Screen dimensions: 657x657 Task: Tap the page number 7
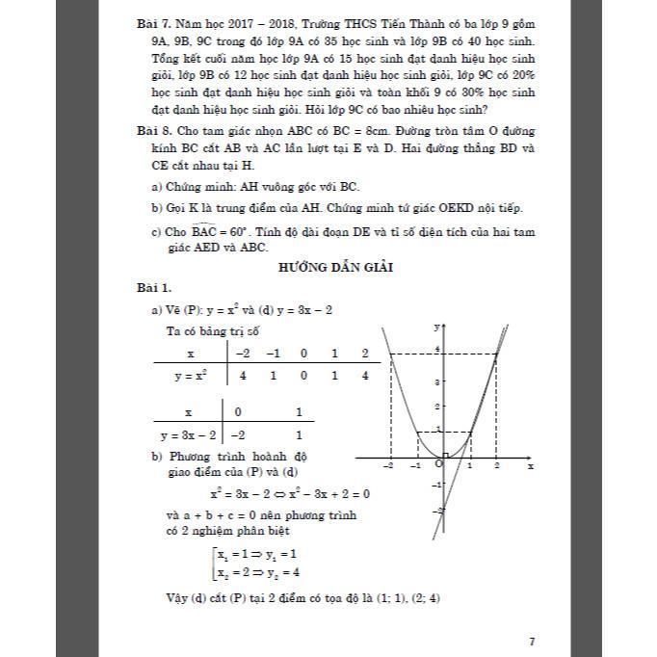point(532,614)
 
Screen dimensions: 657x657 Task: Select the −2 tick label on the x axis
point(388,466)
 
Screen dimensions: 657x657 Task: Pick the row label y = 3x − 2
point(185,434)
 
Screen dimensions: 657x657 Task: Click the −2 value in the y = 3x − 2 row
point(238,434)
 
